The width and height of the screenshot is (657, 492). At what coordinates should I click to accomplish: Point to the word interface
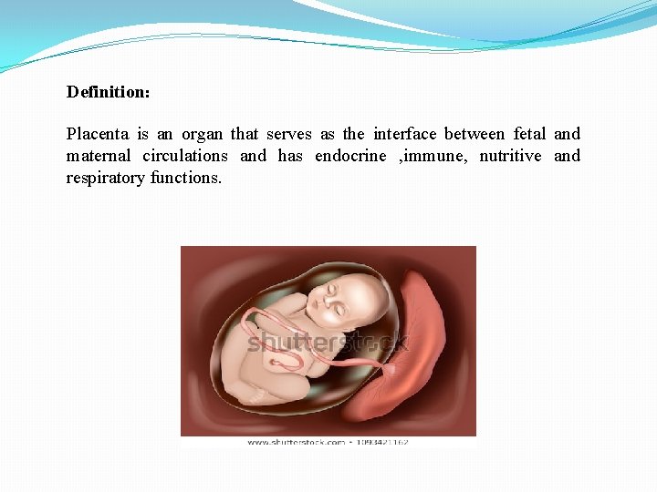(404, 134)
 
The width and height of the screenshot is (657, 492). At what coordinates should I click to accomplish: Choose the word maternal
(99, 156)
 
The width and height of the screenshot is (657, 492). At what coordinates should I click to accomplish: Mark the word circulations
(185, 156)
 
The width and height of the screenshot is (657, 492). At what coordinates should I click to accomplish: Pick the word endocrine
(350, 156)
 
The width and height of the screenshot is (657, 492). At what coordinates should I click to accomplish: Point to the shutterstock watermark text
(328, 343)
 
